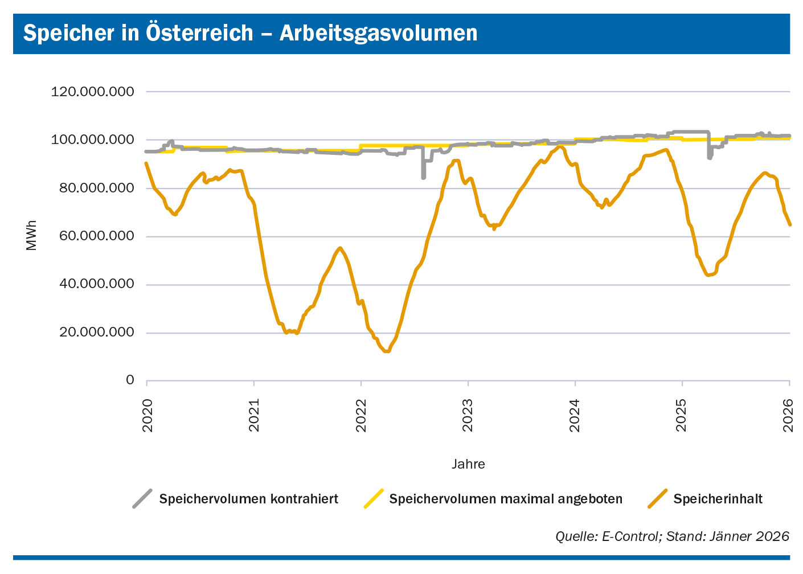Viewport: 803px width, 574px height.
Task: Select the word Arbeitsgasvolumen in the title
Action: [x=378, y=33]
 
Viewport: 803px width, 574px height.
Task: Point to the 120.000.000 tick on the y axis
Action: [x=92, y=92]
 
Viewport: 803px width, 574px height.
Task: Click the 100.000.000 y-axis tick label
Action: [x=92, y=140]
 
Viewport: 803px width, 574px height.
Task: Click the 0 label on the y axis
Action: [x=130, y=380]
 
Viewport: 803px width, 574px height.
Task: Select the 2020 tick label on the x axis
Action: [x=148, y=415]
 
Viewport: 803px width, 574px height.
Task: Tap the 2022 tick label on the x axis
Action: [x=362, y=415]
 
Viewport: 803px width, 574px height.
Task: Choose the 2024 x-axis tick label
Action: [x=576, y=415]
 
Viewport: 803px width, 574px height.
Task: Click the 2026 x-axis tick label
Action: [x=789, y=415]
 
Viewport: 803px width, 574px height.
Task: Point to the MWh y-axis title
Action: [x=31, y=236]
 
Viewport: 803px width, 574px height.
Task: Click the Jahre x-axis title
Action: [x=468, y=464]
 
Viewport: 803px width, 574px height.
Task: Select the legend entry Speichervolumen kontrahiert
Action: [x=248, y=499]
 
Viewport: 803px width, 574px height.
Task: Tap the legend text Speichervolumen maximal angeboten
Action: [x=506, y=499]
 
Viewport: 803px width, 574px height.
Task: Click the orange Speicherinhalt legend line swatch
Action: [x=657, y=499]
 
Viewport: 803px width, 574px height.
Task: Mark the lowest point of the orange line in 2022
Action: [x=387, y=351]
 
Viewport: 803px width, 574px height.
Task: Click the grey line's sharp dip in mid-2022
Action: [x=423, y=177]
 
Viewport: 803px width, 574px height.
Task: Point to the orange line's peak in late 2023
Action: [x=560, y=147]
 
